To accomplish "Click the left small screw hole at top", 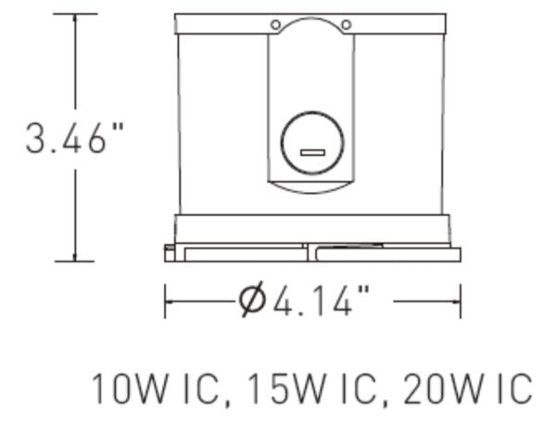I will click(x=275, y=25).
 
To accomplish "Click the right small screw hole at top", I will click(x=346, y=25).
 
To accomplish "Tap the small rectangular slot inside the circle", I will click(x=311, y=151).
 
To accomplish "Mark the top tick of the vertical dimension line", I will click(x=75, y=14).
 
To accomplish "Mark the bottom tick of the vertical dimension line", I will click(x=75, y=262).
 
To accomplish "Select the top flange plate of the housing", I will click(x=311, y=23).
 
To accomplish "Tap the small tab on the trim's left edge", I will click(x=168, y=249).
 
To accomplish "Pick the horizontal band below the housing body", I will click(x=311, y=228).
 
